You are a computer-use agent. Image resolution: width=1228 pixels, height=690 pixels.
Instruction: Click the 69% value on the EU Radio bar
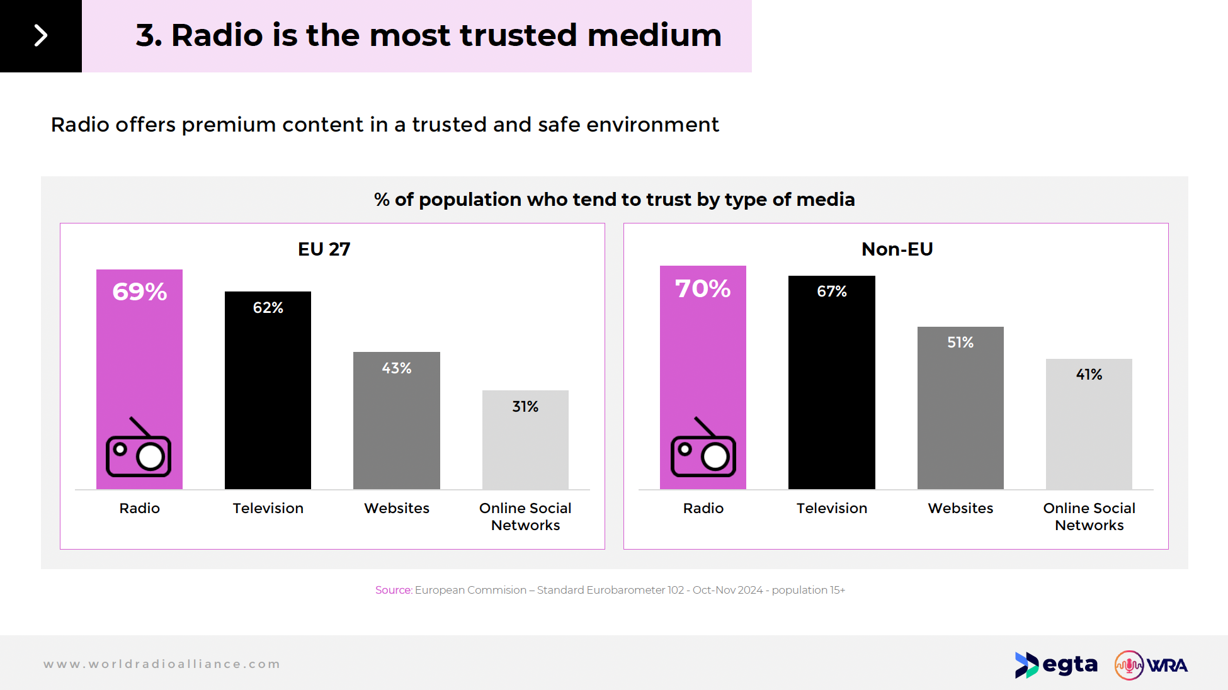pyautogui.click(x=139, y=292)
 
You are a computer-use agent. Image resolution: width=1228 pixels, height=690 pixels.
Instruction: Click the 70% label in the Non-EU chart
pyautogui.click(x=703, y=289)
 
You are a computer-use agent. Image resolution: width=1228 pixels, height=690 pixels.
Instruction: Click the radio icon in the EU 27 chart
pyautogui.click(x=139, y=448)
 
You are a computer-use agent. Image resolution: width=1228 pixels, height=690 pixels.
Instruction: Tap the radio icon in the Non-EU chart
pyautogui.click(x=703, y=448)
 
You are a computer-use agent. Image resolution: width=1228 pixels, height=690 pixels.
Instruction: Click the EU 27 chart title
pyautogui.click(x=324, y=249)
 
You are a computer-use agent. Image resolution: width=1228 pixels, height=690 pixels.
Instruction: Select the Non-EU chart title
pyautogui.click(x=897, y=249)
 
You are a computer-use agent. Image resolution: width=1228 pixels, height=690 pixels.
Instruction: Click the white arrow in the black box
pyautogui.click(x=41, y=35)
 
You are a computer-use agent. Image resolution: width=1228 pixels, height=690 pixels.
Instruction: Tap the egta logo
pyautogui.click(x=1056, y=665)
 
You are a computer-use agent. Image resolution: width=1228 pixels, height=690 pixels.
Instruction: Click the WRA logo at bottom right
pyautogui.click(x=1151, y=665)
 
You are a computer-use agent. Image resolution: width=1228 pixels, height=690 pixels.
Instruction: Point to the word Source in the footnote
pyautogui.click(x=393, y=590)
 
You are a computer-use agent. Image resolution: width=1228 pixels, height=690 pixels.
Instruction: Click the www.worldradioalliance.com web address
pyautogui.click(x=162, y=664)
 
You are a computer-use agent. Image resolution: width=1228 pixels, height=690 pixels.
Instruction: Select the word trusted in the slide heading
pyautogui.click(x=518, y=35)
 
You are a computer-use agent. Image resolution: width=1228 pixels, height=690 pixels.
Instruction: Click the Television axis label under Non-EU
pyautogui.click(x=831, y=508)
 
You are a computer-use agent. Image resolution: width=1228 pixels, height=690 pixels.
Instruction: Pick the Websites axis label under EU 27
pyautogui.click(x=396, y=508)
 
